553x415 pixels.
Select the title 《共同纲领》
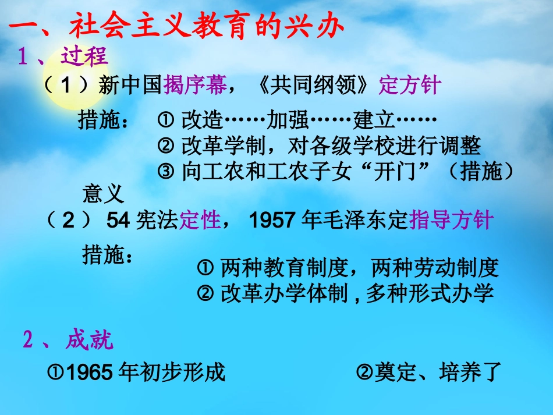coord(314,86)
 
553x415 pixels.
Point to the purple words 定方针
coord(410,86)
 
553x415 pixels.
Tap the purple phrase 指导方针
coord(452,221)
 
